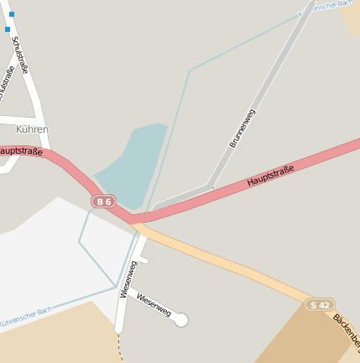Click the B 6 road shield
[103, 202]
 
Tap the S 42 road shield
[320, 304]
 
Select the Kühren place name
[33, 129]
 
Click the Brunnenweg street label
[243, 128]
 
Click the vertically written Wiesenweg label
[128, 279]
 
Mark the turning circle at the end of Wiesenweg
[180, 319]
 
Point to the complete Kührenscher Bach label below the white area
[25, 317]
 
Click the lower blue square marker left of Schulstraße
[8, 29]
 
